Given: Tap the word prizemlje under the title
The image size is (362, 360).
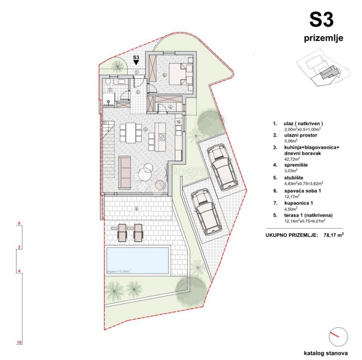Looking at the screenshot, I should tap(323, 39).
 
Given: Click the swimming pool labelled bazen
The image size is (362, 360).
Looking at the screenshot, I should tap(137, 261).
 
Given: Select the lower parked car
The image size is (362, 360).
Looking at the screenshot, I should tap(206, 212).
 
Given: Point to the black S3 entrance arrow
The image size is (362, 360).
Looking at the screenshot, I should tap(136, 62).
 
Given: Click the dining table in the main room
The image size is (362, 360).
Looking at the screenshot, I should tap(131, 133).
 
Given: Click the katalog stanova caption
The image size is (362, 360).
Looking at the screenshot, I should tap(326, 353).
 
